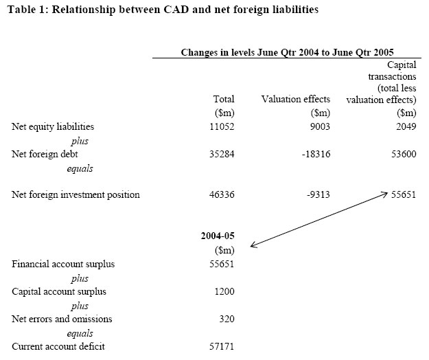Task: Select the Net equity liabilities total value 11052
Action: (x=220, y=127)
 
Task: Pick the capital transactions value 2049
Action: (x=403, y=127)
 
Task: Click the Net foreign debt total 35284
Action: (x=220, y=154)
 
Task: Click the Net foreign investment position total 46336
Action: (x=220, y=194)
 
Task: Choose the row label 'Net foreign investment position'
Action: (x=76, y=194)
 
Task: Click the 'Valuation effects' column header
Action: (x=296, y=100)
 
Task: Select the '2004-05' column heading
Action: (x=218, y=236)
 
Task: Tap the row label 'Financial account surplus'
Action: (x=63, y=264)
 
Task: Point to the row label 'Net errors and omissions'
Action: (x=62, y=319)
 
